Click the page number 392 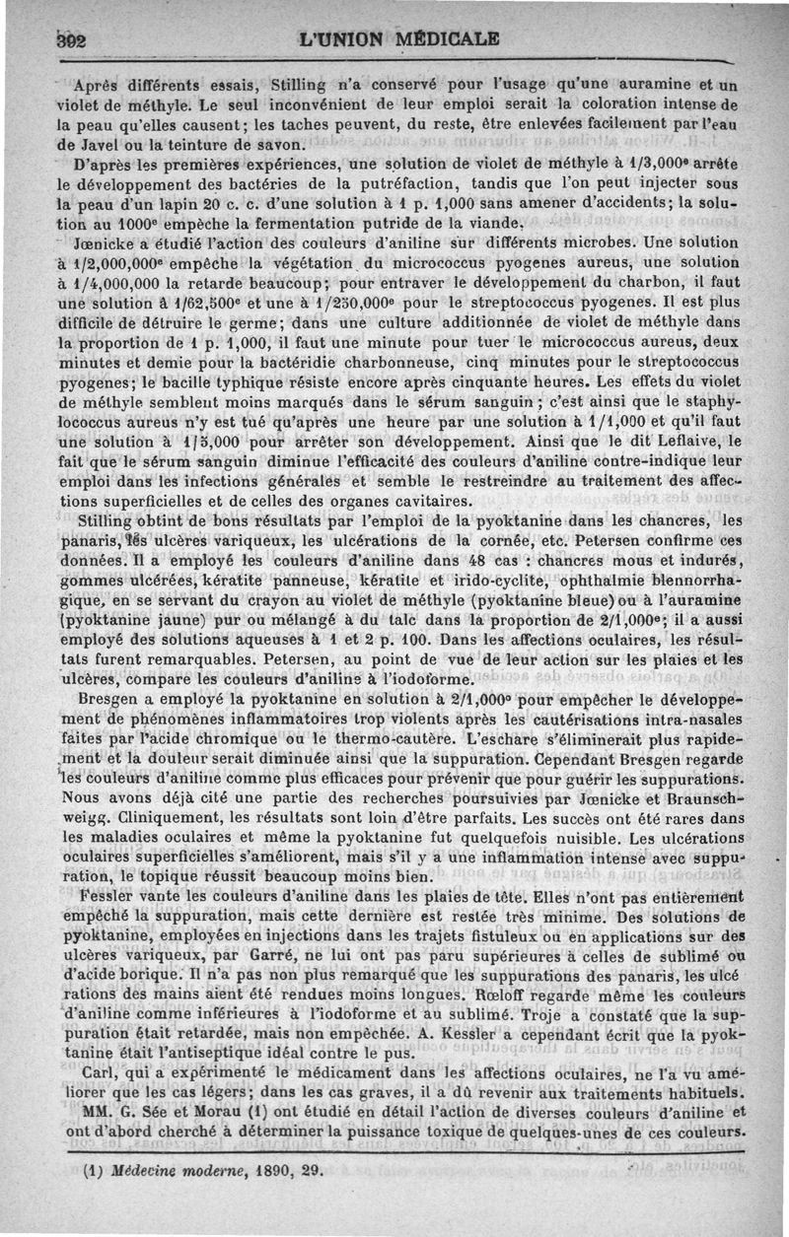pyautogui.click(x=46, y=40)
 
